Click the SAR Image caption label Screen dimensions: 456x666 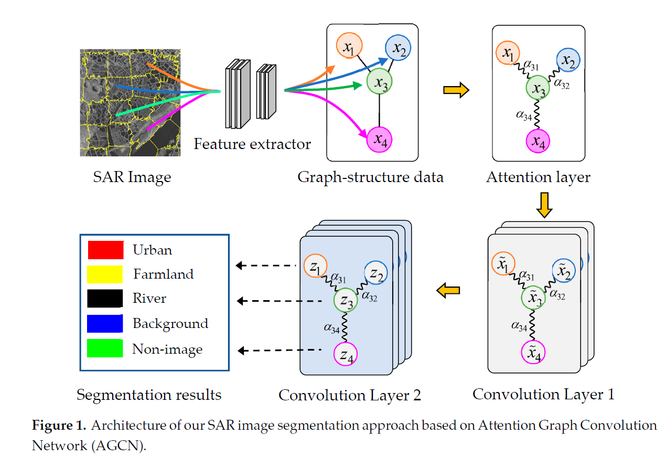point(132,177)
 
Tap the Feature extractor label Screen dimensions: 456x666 point(252,143)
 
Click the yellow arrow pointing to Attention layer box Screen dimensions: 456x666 point(456,90)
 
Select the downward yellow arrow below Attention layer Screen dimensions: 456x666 point(545,205)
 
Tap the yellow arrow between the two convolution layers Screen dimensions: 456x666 point(448,290)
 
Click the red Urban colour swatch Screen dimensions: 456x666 point(105,250)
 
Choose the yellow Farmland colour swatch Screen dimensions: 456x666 point(105,274)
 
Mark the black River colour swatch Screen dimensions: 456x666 point(105,299)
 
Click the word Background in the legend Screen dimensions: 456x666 point(170,323)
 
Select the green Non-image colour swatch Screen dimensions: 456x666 point(105,348)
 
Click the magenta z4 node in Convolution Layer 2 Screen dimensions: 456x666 point(346,354)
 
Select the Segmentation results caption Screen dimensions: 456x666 point(149,395)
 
